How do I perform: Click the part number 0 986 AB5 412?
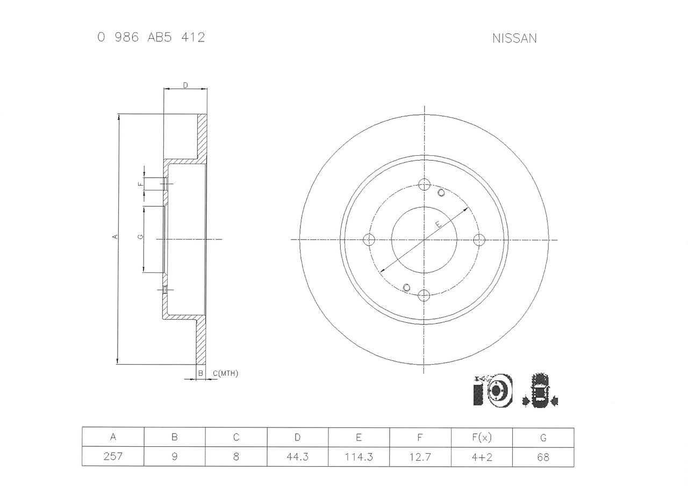coord(151,38)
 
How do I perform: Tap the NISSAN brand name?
coord(514,39)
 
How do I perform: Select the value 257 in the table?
coord(113,457)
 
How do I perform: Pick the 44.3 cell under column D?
coord(297,457)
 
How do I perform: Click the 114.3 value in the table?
coord(359,457)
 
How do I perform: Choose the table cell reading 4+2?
coord(482,457)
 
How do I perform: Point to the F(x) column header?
coord(482,438)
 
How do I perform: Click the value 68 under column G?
coord(543,457)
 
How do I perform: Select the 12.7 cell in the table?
coord(420,457)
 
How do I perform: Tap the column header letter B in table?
coord(174,438)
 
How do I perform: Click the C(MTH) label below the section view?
coord(225,373)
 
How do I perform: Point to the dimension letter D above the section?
coord(185,85)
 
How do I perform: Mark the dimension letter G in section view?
coord(140,237)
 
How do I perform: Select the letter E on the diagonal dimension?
coord(438,224)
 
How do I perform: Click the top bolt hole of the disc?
coord(424,185)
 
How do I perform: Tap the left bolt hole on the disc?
coord(369,240)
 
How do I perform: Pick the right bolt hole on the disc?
coord(479,240)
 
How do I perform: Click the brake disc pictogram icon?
coord(493,390)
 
